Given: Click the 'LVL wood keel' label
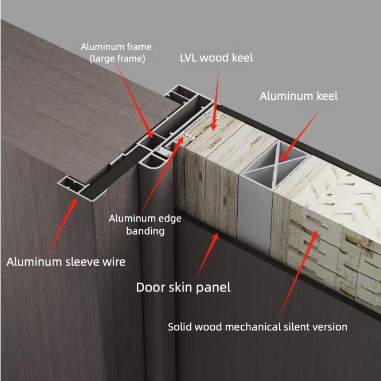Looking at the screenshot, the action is pos(216,58).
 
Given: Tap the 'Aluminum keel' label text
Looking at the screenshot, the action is pos(298,96).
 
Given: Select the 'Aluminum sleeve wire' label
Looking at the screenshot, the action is pos(66,262).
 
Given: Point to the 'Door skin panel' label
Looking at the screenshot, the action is pos(183,287).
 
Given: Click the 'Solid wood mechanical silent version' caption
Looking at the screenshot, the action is pos(258,326).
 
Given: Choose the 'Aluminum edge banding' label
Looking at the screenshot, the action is pos(145,224).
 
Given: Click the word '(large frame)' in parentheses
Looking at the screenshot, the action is pos(117,59).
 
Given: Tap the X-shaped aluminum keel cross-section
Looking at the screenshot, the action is pos(276,165).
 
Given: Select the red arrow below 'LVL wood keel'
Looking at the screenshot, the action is pos(216,100).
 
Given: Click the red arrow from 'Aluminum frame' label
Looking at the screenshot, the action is pos(135,101).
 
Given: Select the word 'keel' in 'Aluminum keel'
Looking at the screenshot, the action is pos(327,96).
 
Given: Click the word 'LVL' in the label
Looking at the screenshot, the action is pos(188,58).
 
